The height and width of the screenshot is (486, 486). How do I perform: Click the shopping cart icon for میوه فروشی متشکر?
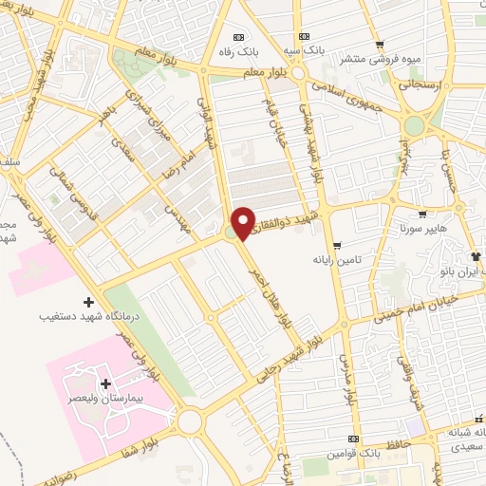click(x=380, y=44)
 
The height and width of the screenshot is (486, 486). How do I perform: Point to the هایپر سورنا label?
click(x=422, y=229)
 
